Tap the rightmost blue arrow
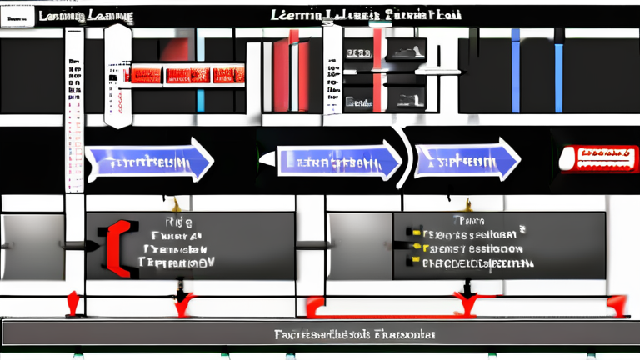click(467, 158)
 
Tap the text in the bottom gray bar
click(355, 334)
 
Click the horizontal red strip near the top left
click(183, 75)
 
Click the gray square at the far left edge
click(32, 247)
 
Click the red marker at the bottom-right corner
click(617, 305)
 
